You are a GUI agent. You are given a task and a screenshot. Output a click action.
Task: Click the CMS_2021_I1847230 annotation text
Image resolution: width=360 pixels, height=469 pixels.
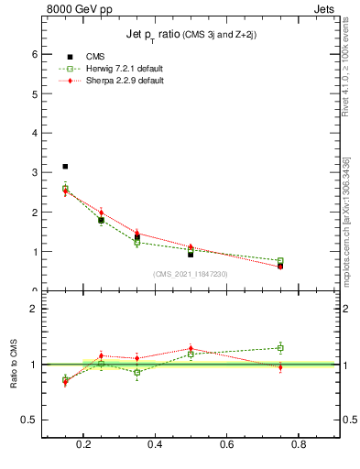(191, 274)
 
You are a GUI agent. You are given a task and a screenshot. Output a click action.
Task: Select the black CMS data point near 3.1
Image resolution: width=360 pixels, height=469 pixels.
(65, 167)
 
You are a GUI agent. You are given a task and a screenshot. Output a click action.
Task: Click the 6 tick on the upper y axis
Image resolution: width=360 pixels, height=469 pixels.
(35, 54)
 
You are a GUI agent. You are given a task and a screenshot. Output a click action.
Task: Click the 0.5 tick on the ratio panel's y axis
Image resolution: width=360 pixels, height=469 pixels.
(32, 420)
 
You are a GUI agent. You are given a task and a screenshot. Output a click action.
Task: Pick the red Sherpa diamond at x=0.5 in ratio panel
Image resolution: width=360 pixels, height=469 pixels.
(191, 349)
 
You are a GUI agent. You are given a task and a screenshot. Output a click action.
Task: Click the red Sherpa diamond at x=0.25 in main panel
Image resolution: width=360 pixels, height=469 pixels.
(101, 213)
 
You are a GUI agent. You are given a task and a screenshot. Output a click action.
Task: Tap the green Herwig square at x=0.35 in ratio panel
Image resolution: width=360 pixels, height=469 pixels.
(136, 372)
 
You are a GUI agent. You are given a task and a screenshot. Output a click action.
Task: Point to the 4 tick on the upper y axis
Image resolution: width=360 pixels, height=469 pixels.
(35, 133)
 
